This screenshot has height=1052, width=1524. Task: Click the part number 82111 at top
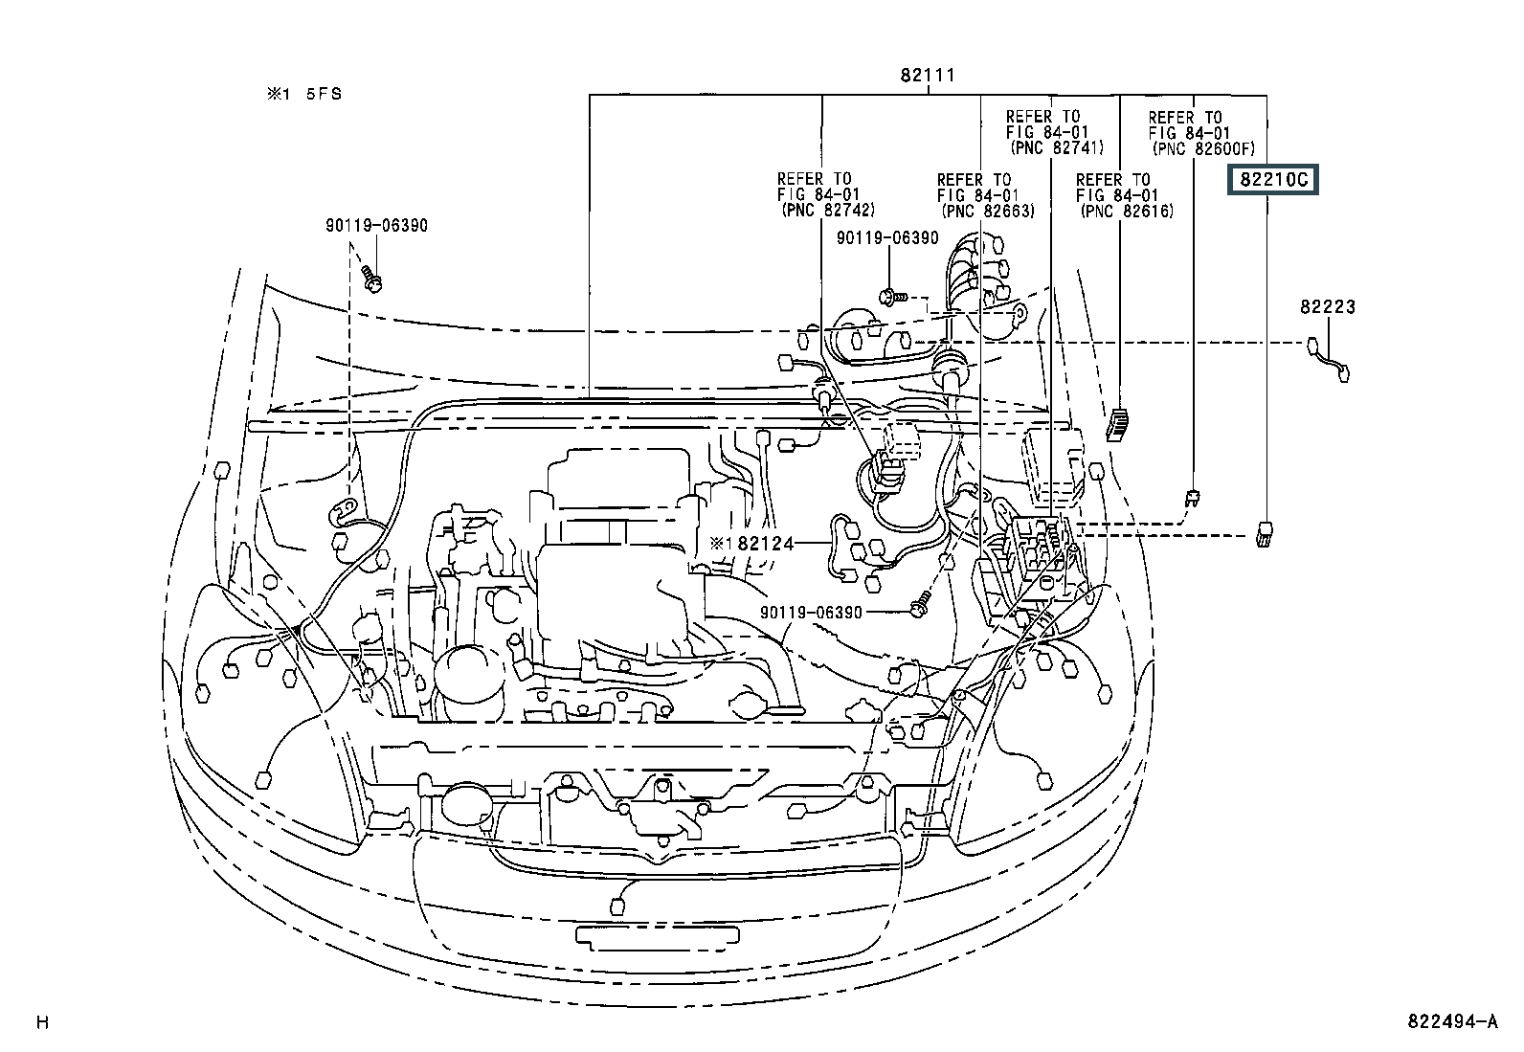pyautogui.click(x=928, y=75)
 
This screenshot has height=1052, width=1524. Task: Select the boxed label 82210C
pyautogui.click(x=1273, y=180)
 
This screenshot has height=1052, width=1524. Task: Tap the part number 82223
pyautogui.click(x=1328, y=307)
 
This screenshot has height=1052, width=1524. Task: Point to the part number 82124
pyautogui.click(x=766, y=543)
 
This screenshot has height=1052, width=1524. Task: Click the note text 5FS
pyautogui.click(x=324, y=94)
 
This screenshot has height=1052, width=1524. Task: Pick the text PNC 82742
pyautogui.click(x=828, y=211)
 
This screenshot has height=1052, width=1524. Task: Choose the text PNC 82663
pyautogui.click(x=988, y=211)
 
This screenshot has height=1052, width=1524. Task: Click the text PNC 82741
pyautogui.click(x=1057, y=147)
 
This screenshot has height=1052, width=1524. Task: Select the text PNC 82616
pyautogui.click(x=1128, y=211)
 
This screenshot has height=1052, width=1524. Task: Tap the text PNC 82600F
pyautogui.click(x=1203, y=148)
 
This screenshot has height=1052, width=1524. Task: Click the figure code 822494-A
pyautogui.click(x=1452, y=1021)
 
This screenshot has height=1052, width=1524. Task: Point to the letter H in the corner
pyautogui.click(x=42, y=1022)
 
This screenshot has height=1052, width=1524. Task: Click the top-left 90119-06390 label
pyautogui.click(x=376, y=225)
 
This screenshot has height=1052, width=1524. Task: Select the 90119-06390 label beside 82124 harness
pyautogui.click(x=811, y=613)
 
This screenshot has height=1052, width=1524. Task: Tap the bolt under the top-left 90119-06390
pyautogui.click(x=371, y=279)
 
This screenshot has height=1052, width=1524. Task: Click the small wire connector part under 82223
pyautogui.click(x=1329, y=359)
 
